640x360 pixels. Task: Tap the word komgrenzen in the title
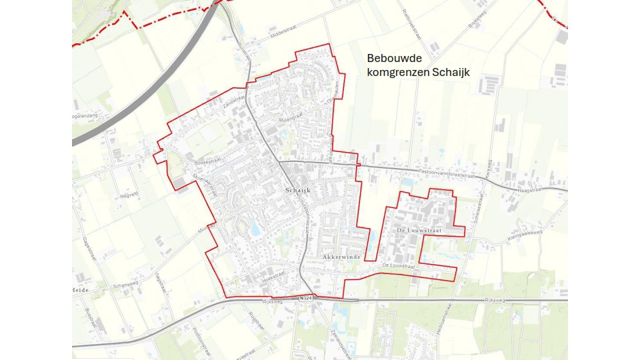pos(399,73)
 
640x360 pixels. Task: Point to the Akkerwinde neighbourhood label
pos(341,256)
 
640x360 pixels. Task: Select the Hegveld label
pos(129,195)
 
